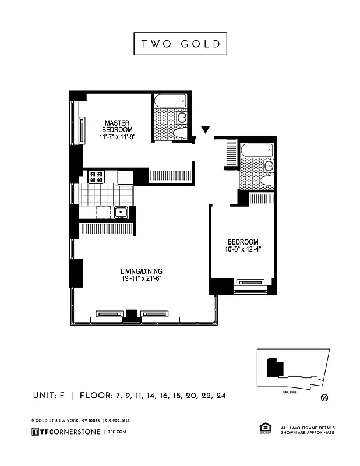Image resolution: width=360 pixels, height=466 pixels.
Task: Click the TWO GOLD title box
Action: click(x=179, y=44)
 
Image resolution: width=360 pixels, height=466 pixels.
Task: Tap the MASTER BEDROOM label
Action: click(x=117, y=126)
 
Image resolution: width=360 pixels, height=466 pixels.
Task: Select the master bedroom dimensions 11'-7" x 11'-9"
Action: click(x=117, y=137)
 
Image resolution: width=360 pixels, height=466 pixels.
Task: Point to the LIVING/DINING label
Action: click(x=142, y=271)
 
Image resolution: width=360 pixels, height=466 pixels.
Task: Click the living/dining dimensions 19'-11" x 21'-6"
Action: click(x=142, y=279)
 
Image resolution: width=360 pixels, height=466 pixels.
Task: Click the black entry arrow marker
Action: click(x=205, y=129)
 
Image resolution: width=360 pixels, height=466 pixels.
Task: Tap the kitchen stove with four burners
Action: click(x=96, y=176)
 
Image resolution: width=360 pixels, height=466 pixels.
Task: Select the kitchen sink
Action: click(x=121, y=213)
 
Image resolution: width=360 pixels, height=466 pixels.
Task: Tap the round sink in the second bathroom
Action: click(x=268, y=166)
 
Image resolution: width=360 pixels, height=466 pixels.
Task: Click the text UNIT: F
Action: click(x=48, y=396)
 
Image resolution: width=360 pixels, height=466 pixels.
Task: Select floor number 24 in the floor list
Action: click(x=220, y=396)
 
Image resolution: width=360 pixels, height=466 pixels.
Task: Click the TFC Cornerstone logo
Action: click(x=65, y=432)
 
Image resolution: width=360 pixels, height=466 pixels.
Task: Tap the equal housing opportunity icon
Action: click(x=263, y=429)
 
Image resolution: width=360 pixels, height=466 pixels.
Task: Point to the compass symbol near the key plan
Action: click(x=324, y=398)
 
